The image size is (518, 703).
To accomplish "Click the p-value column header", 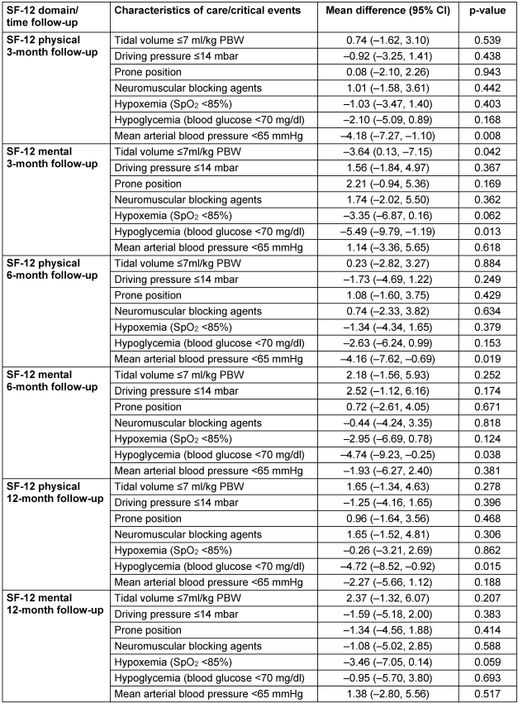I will [x=483, y=9].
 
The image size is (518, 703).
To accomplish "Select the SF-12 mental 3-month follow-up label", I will [x=47, y=158].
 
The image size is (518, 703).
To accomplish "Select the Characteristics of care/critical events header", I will [x=207, y=9].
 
